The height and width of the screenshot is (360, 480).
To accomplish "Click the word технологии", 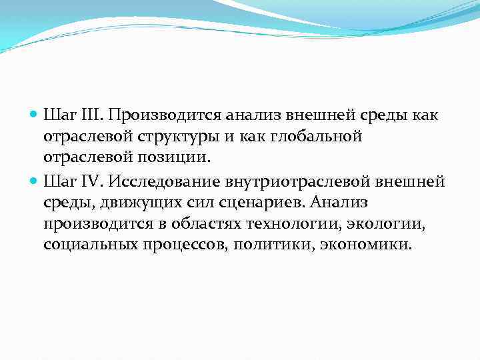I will coord(302,223).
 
